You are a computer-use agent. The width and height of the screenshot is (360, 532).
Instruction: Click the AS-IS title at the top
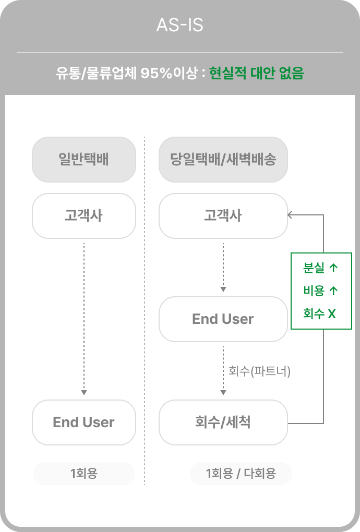tap(179, 25)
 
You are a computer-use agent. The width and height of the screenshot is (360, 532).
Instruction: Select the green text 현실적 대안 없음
tap(256, 74)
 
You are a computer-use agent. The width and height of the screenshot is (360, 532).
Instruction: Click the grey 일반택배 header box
tap(83, 159)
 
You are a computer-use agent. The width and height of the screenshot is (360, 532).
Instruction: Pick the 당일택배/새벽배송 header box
tap(223, 159)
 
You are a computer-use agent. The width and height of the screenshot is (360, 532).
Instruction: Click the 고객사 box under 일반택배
tap(83, 215)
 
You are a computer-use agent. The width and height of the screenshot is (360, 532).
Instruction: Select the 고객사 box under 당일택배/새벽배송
tap(223, 215)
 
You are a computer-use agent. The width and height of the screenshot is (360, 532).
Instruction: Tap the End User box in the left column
tap(83, 422)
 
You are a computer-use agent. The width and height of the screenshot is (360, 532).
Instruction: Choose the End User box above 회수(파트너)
tap(223, 319)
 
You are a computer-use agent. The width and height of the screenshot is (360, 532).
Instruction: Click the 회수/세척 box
tap(223, 422)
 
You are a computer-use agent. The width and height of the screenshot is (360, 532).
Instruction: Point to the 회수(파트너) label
tap(259, 371)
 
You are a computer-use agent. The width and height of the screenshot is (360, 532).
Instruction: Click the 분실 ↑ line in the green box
tap(320, 268)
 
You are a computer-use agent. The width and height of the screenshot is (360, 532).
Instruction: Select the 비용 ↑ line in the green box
tap(320, 291)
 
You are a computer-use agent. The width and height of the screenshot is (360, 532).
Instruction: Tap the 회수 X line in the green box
tap(319, 313)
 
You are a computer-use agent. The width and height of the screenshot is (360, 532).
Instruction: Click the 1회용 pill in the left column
tap(83, 474)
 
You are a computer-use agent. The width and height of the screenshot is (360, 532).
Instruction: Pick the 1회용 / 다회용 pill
tap(241, 474)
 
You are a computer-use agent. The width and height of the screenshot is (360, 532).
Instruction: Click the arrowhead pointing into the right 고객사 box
tap(291, 214)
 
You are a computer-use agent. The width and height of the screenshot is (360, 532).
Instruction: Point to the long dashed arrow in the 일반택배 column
tap(84, 318)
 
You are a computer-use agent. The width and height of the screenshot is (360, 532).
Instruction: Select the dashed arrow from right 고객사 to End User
tap(223, 266)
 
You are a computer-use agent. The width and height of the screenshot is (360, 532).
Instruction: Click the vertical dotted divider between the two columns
tap(145, 313)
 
